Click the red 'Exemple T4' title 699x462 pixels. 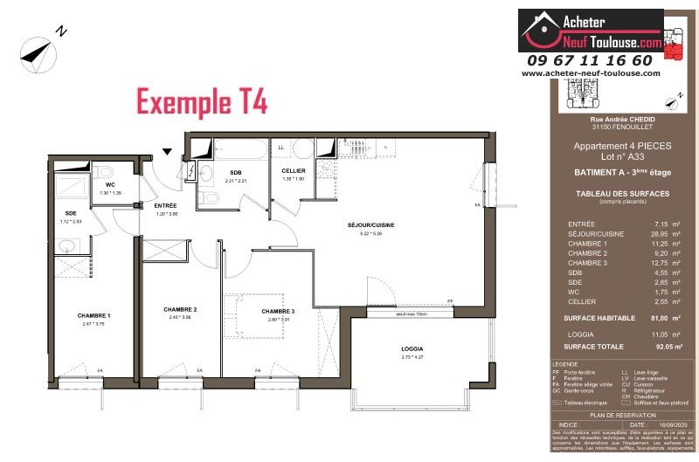tap(202, 100)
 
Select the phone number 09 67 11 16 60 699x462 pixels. tap(589, 60)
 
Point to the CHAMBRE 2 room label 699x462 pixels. tap(180, 309)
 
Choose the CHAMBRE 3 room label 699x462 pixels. tap(278, 312)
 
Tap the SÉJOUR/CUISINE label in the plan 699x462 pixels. tap(370, 225)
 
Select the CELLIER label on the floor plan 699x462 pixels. tap(293, 171)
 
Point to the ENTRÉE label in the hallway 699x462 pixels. tap(166, 206)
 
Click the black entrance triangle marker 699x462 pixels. tap(167, 152)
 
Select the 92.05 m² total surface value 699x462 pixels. tap(657, 347)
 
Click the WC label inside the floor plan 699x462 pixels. tap(110, 185)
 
